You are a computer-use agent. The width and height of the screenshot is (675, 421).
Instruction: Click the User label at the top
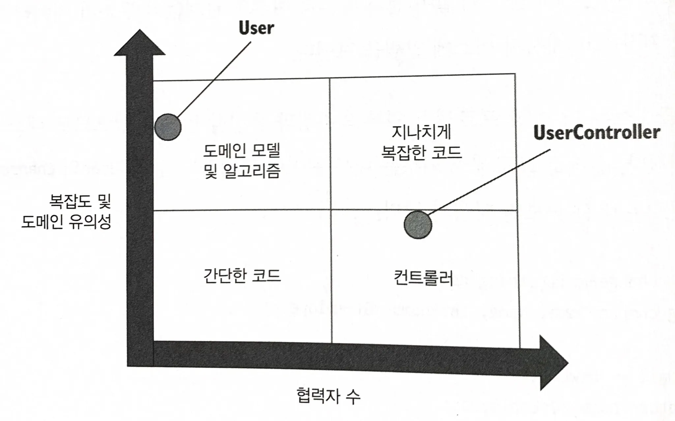tap(256, 28)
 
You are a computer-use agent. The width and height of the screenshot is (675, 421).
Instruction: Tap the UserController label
tap(597, 133)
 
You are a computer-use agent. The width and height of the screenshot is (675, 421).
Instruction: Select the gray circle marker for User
tap(168, 127)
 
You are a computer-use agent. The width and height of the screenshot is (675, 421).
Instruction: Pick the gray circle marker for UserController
tap(418, 225)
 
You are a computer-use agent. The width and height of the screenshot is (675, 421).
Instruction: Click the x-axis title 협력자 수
tap(328, 396)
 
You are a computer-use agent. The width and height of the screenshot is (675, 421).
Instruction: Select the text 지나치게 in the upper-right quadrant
tap(422, 133)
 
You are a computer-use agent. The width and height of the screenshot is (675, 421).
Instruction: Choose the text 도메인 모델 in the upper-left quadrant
tap(242, 151)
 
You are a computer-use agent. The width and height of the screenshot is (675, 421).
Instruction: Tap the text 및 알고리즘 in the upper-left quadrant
tap(242, 171)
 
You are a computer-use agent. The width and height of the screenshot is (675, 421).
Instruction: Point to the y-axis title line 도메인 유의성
tap(66, 222)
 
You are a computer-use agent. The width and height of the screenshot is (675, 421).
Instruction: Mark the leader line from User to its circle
tap(214, 80)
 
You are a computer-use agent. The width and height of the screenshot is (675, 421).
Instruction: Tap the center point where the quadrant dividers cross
tap(331, 210)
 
